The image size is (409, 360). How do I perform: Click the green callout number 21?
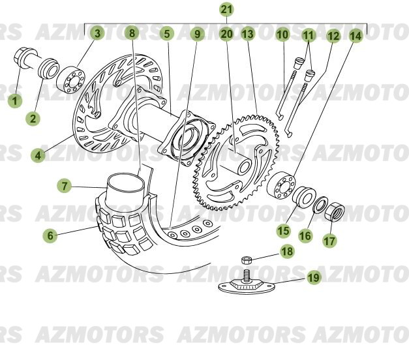(x=226, y=10)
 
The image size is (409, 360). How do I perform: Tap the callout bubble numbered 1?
(x=14, y=100)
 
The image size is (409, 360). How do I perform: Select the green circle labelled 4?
(x=40, y=155)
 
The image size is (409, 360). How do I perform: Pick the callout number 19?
(x=314, y=278)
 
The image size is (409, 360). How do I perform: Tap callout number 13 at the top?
(x=247, y=34)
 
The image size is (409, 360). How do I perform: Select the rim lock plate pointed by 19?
(x=248, y=286)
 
